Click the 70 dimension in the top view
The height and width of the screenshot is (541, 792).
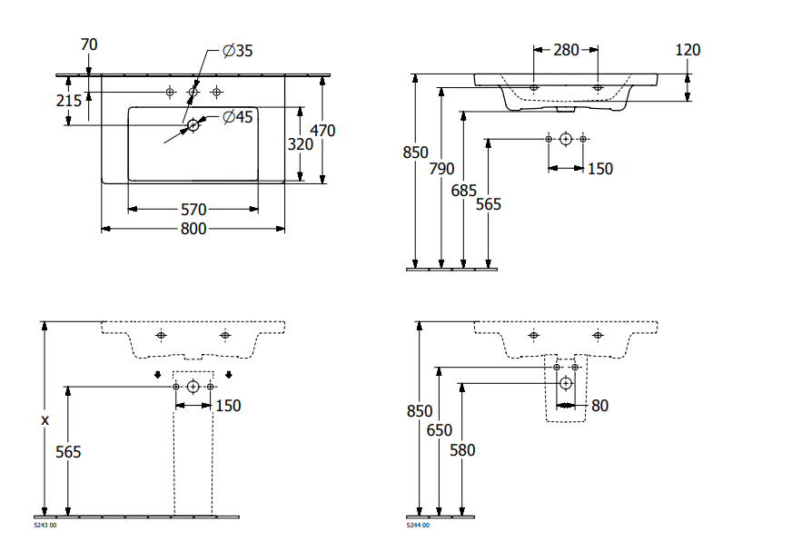click(89, 44)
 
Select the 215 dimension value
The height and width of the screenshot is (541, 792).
click(69, 101)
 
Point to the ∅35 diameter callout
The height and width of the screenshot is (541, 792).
click(237, 51)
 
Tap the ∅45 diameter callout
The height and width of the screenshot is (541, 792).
click(237, 116)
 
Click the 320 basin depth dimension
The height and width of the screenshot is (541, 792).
click(301, 144)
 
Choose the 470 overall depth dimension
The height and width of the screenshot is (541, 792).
click(322, 131)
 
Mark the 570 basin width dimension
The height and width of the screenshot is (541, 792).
click(193, 210)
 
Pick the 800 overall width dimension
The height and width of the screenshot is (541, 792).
click(193, 229)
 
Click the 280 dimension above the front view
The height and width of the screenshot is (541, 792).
click(566, 50)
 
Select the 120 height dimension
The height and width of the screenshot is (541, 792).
click(688, 50)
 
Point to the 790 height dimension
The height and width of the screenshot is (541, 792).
click(441, 168)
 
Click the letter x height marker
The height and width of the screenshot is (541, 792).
click(45, 419)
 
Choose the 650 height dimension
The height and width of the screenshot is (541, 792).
click(440, 430)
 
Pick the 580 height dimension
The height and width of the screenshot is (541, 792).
click(462, 449)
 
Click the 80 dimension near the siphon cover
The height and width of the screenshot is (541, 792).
click(599, 406)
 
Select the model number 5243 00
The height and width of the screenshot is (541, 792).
click(45, 526)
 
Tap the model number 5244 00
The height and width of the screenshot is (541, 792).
click(418, 526)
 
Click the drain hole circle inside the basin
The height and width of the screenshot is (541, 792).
click(193, 127)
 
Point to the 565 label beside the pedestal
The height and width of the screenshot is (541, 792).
click(69, 452)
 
